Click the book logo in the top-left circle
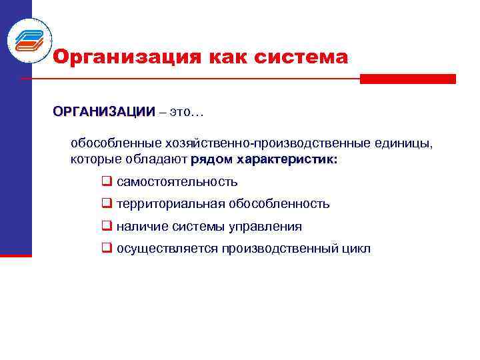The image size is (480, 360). point(29,40)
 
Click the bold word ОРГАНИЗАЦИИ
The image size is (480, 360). point(104,111)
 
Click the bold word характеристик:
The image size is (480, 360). point(287,160)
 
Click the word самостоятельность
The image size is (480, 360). point(177,182)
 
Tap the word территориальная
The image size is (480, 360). point(170,204)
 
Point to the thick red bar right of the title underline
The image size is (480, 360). point(407,79)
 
